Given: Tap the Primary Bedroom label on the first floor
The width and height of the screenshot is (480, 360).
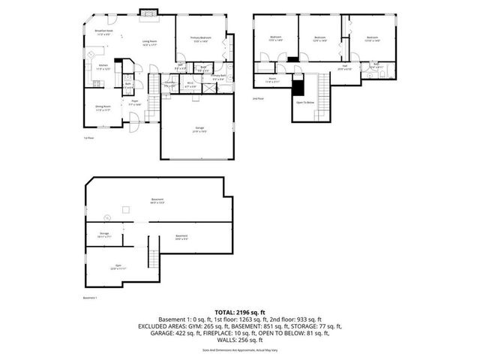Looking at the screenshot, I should click(200, 38).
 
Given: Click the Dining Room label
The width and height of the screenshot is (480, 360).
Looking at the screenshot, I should click(102, 108).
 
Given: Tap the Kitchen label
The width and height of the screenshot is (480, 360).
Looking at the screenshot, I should click(103, 68).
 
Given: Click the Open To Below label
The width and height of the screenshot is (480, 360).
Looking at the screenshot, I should click(304, 102).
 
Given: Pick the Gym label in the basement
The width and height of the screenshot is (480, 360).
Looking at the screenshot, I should click(116, 267).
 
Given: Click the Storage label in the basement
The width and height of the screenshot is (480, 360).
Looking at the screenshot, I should click(104, 235).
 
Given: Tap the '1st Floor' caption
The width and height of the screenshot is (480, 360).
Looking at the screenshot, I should click(88, 138).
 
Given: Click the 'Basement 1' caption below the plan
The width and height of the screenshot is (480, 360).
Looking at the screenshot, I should click(91, 298).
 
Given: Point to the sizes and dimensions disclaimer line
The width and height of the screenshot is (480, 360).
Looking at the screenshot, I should click(240, 350).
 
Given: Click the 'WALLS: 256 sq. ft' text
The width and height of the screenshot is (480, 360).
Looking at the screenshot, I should click(240, 340).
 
